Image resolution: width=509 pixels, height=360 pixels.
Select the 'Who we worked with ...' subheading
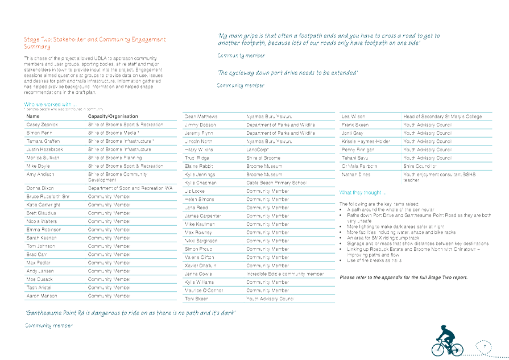point(51,104)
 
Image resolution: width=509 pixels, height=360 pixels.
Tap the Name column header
point(34,117)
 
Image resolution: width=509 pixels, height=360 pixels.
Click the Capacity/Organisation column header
point(113,117)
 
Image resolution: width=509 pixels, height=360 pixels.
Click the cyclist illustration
point(446,340)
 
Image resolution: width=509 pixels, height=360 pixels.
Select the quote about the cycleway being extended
point(288,73)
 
